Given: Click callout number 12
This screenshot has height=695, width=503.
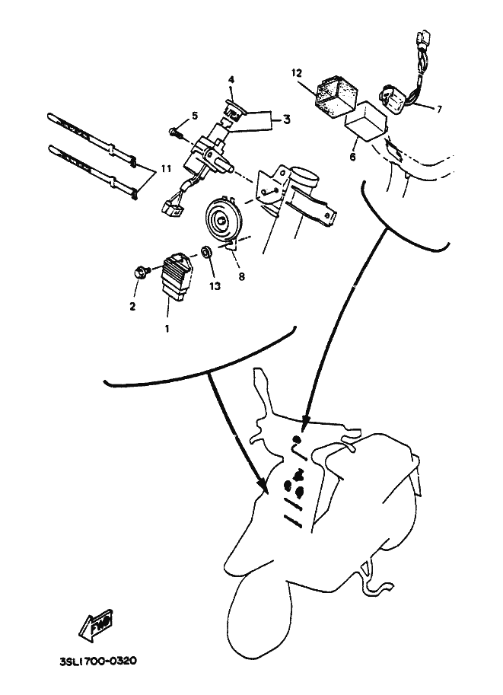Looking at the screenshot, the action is [x=297, y=72].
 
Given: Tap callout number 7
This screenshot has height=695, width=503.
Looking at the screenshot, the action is [x=439, y=109].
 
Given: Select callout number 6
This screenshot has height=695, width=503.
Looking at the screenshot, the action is [x=352, y=157].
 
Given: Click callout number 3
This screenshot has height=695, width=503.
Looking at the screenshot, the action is [x=287, y=120].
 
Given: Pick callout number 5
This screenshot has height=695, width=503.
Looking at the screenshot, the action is [x=195, y=116].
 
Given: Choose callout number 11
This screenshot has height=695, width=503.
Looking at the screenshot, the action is [x=166, y=169].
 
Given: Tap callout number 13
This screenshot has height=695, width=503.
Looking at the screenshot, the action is [x=215, y=286].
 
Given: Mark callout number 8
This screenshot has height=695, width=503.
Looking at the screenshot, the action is [x=241, y=276].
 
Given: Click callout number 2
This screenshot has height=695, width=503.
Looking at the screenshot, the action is [x=132, y=306].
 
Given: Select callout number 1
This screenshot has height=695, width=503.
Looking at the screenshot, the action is [x=167, y=330].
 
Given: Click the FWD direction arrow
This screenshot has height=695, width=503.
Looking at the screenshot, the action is [x=97, y=626].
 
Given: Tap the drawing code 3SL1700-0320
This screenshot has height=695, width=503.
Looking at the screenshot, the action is [x=98, y=662].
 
